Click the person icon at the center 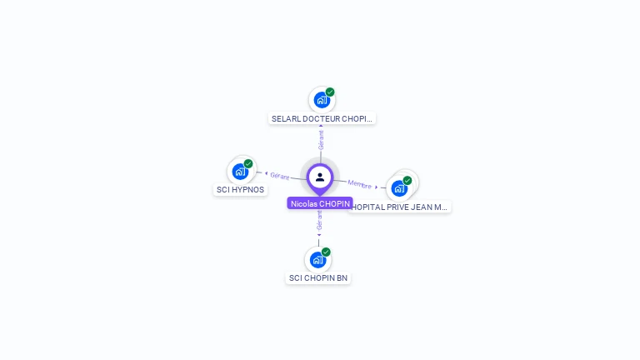pyautogui.click(x=320, y=177)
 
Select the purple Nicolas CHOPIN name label pyautogui.click(x=320, y=203)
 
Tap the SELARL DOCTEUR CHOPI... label pyautogui.click(x=322, y=119)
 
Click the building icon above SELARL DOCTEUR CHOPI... pyautogui.click(x=322, y=101)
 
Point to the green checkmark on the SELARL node pyautogui.click(x=330, y=92)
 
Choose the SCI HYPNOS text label pyautogui.click(x=241, y=190)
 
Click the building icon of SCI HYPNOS pyautogui.click(x=241, y=172)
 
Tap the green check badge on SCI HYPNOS pyautogui.click(x=248, y=163)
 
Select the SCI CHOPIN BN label pyautogui.click(x=318, y=278)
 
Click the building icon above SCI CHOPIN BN pyautogui.click(x=317, y=260)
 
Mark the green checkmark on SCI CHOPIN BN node pyautogui.click(x=326, y=252)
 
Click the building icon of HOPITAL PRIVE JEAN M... pyautogui.click(x=399, y=188)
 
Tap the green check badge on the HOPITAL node pyautogui.click(x=407, y=180)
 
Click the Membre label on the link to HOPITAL pyautogui.click(x=359, y=183)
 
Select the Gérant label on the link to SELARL pyautogui.click(x=321, y=139)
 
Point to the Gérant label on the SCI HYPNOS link pyautogui.click(x=279, y=176)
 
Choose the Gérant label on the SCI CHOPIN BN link pyautogui.click(x=318, y=220)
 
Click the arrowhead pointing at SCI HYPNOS pyautogui.click(x=266, y=174)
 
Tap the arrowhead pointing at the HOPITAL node pyautogui.click(x=377, y=187)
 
